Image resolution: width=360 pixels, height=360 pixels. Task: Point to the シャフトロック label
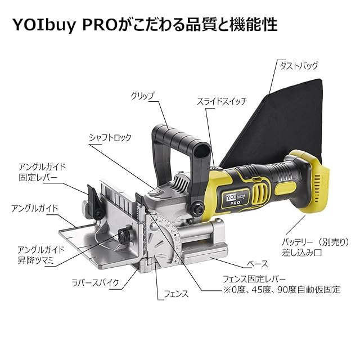(x=110, y=137)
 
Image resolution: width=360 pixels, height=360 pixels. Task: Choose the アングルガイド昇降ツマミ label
(x=41, y=254)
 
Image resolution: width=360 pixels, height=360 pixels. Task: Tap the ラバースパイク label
(x=94, y=283)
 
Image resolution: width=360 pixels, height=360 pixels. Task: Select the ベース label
(x=258, y=263)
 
